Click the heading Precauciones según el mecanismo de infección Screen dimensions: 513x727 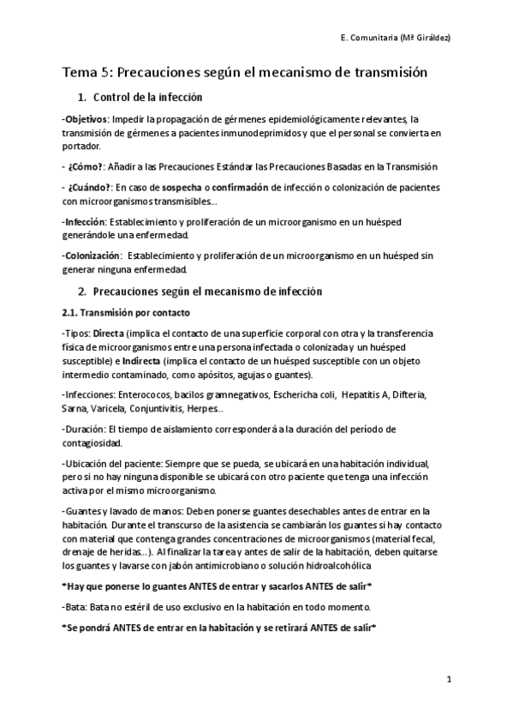pos(206,291)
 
